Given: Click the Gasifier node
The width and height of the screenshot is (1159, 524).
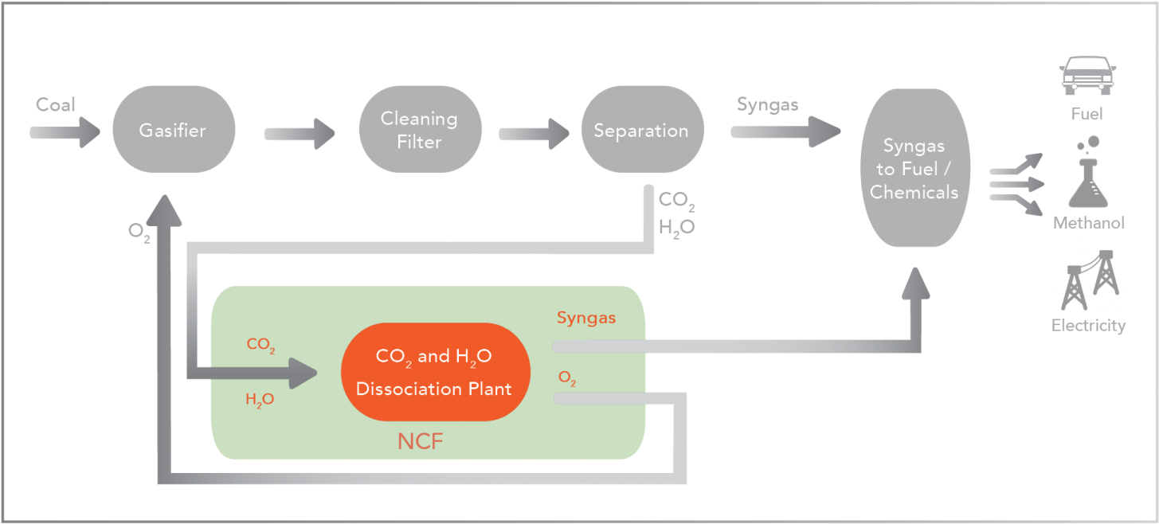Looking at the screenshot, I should [x=173, y=130].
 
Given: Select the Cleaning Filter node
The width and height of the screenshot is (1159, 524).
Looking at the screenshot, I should [x=420, y=130].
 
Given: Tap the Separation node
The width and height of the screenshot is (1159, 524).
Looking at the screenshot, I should [x=641, y=130].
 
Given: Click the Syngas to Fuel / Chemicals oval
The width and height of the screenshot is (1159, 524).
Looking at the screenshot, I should [x=914, y=168].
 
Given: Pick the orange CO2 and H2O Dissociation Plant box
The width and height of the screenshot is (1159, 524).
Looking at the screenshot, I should [x=435, y=372].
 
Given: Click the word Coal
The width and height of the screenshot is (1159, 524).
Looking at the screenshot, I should [x=55, y=104].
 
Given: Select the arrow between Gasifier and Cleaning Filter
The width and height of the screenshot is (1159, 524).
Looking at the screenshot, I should [x=300, y=133].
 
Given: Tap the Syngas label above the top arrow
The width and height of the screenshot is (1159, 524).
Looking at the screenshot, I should [x=767, y=104].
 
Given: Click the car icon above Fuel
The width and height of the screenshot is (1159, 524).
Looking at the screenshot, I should [x=1087, y=76].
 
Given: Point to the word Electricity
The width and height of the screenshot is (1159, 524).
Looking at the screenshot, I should [x=1088, y=326].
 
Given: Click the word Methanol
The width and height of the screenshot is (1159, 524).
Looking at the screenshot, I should [x=1089, y=223].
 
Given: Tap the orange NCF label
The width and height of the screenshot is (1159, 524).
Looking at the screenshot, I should [x=421, y=441].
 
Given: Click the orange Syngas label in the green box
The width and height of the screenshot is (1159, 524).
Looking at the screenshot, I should [x=586, y=319].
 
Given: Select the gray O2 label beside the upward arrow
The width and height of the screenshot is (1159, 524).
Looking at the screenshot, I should [x=139, y=232].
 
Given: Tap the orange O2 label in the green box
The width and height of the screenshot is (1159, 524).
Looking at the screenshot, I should [x=567, y=379].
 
